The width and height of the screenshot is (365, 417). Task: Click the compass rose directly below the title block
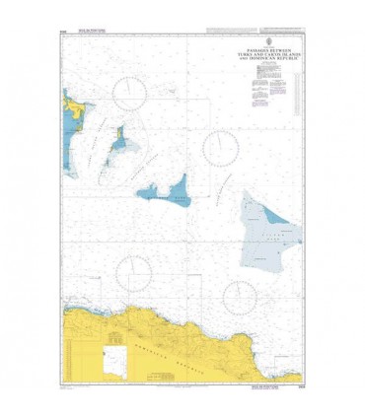[219, 148]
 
